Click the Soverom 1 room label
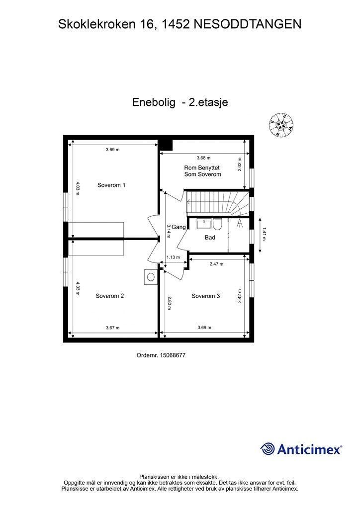coord(111,185)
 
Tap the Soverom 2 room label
coord(109,296)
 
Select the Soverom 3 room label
coord(206,296)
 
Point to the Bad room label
coord(210,238)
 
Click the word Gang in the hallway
coord(179,227)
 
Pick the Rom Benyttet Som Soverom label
coord(202,171)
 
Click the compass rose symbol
coord(281,125)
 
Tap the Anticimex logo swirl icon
coord(268,449)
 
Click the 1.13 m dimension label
coord(173,257)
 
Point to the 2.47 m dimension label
coord(216,263)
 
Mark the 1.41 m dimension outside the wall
coord(264,234)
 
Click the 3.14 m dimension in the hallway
coord(169,231)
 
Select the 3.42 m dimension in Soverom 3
coord(240,296)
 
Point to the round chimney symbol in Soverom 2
coord(151,276)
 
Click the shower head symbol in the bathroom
coord(240,222)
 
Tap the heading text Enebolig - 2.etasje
coord(180,102)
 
